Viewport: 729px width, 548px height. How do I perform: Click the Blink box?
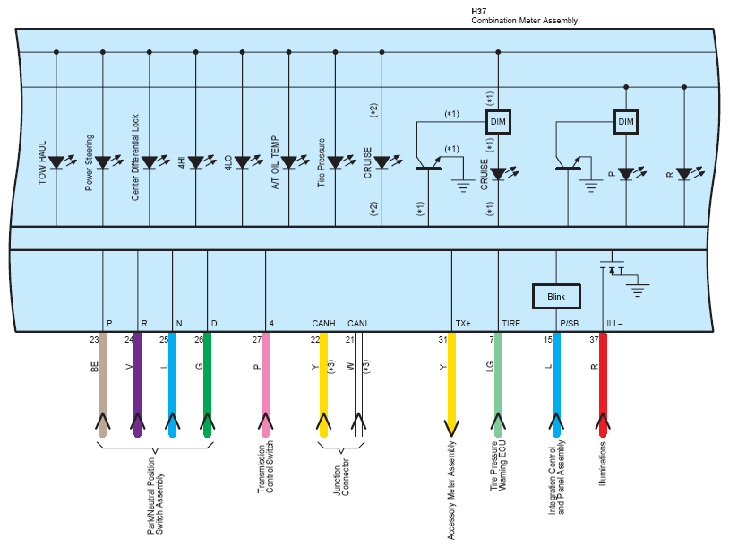[x=556, y=297]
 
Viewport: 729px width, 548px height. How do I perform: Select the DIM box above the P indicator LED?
[x=626, y=122]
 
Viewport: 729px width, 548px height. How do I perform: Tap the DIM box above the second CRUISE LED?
[x=498, y=122]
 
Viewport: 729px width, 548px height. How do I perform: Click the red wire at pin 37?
[x=603, y=385]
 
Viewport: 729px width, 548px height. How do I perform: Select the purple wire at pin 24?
[x=137, y=385]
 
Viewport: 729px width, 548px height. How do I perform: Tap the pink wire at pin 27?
[x=265, y=385]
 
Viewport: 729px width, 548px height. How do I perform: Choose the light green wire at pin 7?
[x=498, y=385]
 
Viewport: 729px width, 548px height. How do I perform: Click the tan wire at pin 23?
[x=103, y=385]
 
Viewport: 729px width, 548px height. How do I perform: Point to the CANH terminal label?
[x=323, y=323]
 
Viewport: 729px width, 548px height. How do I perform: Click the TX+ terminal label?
[x=463, y=323]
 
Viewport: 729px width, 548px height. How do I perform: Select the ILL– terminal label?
[x=614, y=323]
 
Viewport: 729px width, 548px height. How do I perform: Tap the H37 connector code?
[x=479, y=11]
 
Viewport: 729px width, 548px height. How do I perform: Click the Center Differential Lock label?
[x=135, y=157]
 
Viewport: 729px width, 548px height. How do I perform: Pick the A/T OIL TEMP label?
[x=275, y=162]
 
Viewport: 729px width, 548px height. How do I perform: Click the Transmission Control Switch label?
[x=265, y=467]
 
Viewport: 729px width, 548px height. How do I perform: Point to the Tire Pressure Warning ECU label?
[x=498, y=465]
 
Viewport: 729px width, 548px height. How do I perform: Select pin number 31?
[x=442, y=339]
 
